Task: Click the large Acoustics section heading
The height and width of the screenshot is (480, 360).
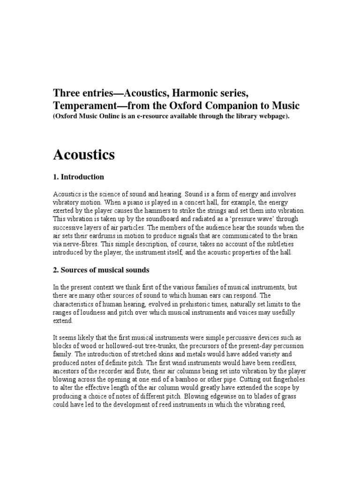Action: point(84,155)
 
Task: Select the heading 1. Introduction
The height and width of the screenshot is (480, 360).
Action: point(79,177)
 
